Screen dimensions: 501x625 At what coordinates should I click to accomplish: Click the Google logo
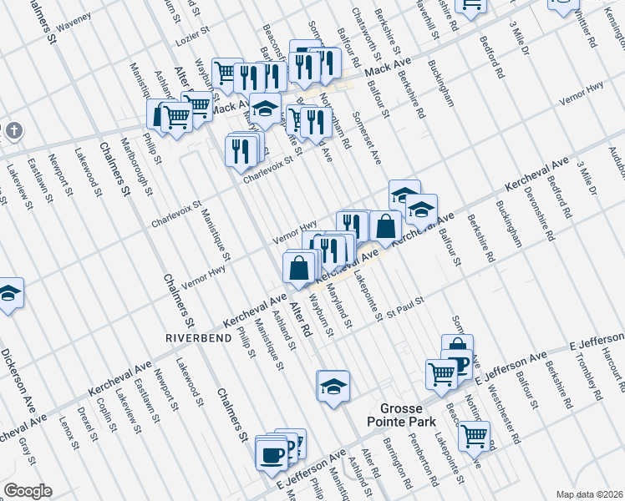28,491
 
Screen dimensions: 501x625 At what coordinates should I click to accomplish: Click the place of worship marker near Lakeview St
12,132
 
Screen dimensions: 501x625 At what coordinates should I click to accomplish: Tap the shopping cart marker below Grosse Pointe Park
474,434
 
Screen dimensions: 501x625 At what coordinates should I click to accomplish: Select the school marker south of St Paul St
333,386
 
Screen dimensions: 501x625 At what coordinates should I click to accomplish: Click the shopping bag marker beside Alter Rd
299,268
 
